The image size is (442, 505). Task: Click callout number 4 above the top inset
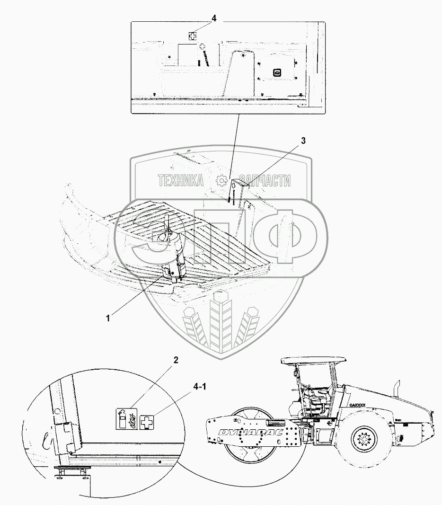coord(214,18)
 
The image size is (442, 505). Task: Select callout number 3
coord(303,141)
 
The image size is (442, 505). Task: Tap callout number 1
coord(108,319)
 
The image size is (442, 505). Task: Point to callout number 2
coord(176,360)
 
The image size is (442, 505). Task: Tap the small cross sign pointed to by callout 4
coord(192,35)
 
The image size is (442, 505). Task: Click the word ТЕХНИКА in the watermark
coord(181,180)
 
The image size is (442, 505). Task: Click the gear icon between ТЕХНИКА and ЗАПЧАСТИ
coord(221,180)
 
